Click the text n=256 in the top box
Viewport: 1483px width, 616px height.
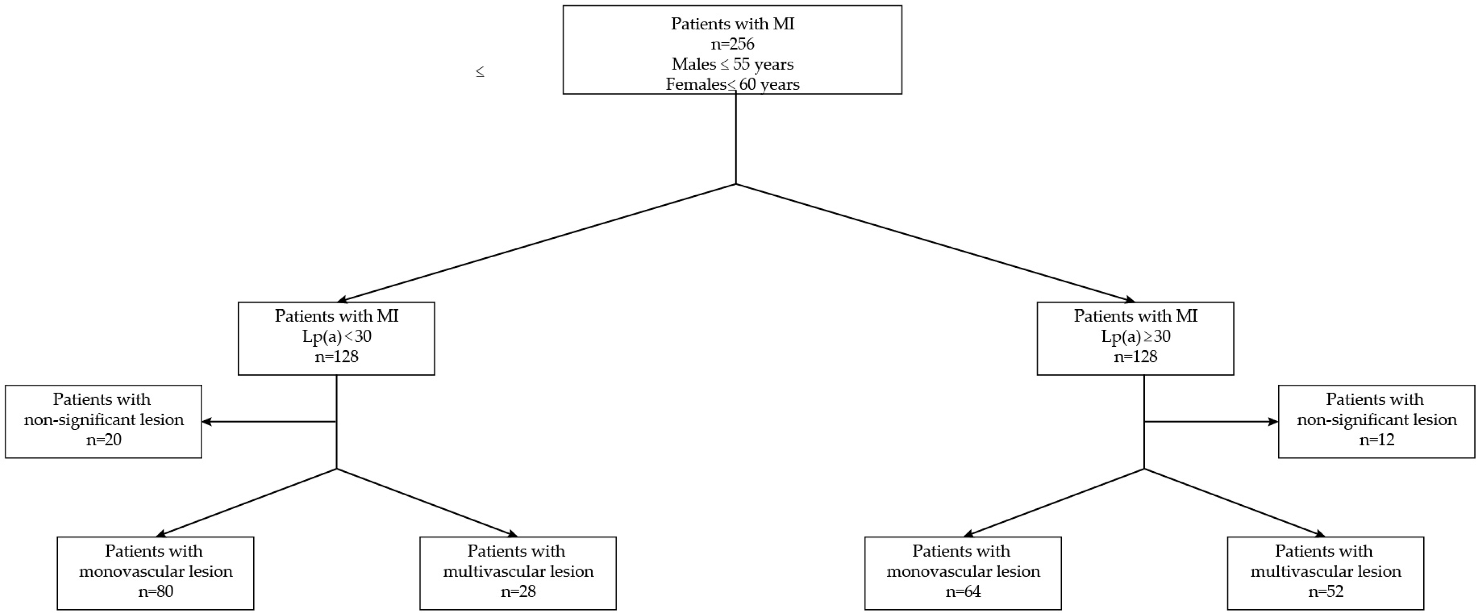(732, 44)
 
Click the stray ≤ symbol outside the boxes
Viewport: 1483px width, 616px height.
(480, 72)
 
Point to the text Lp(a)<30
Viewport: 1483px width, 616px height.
(337, 336)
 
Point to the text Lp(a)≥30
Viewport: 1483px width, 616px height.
(1135, 336)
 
